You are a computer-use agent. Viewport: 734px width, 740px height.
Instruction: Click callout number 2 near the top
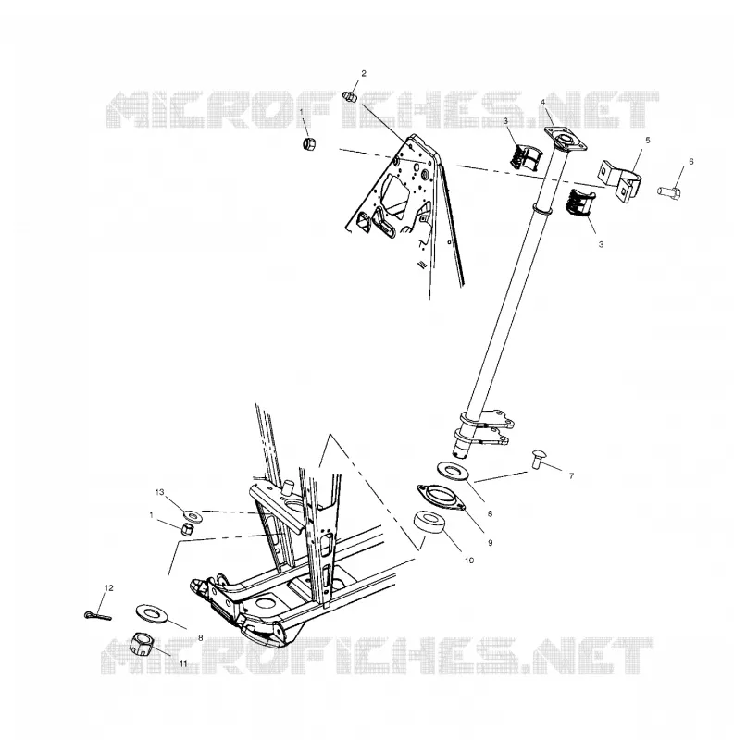(x=363, y=73)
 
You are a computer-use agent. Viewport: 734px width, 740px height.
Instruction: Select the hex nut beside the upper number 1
(x=309, y=142)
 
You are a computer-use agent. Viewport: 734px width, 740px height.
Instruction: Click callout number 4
(x=542, y=103)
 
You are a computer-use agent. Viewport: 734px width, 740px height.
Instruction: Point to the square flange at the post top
(x=566, y=138)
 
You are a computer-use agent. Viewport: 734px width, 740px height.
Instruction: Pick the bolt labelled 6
(x=669, y=191)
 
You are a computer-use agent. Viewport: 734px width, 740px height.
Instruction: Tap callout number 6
(x=691, y=161)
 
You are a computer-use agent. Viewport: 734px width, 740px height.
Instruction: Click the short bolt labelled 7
(x=538, y=459)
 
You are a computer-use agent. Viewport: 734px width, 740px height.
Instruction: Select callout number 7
(x=571, y=475)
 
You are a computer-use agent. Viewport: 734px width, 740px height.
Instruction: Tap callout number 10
(x=469, y=561)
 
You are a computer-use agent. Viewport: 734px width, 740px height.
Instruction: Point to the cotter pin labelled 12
(x=97, y=615)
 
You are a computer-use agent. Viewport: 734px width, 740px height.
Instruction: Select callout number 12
(x=108, y=588)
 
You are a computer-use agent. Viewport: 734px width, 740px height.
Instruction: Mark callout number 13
(x=159, y=492)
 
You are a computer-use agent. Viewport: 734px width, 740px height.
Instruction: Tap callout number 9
(x=490, y=543)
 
